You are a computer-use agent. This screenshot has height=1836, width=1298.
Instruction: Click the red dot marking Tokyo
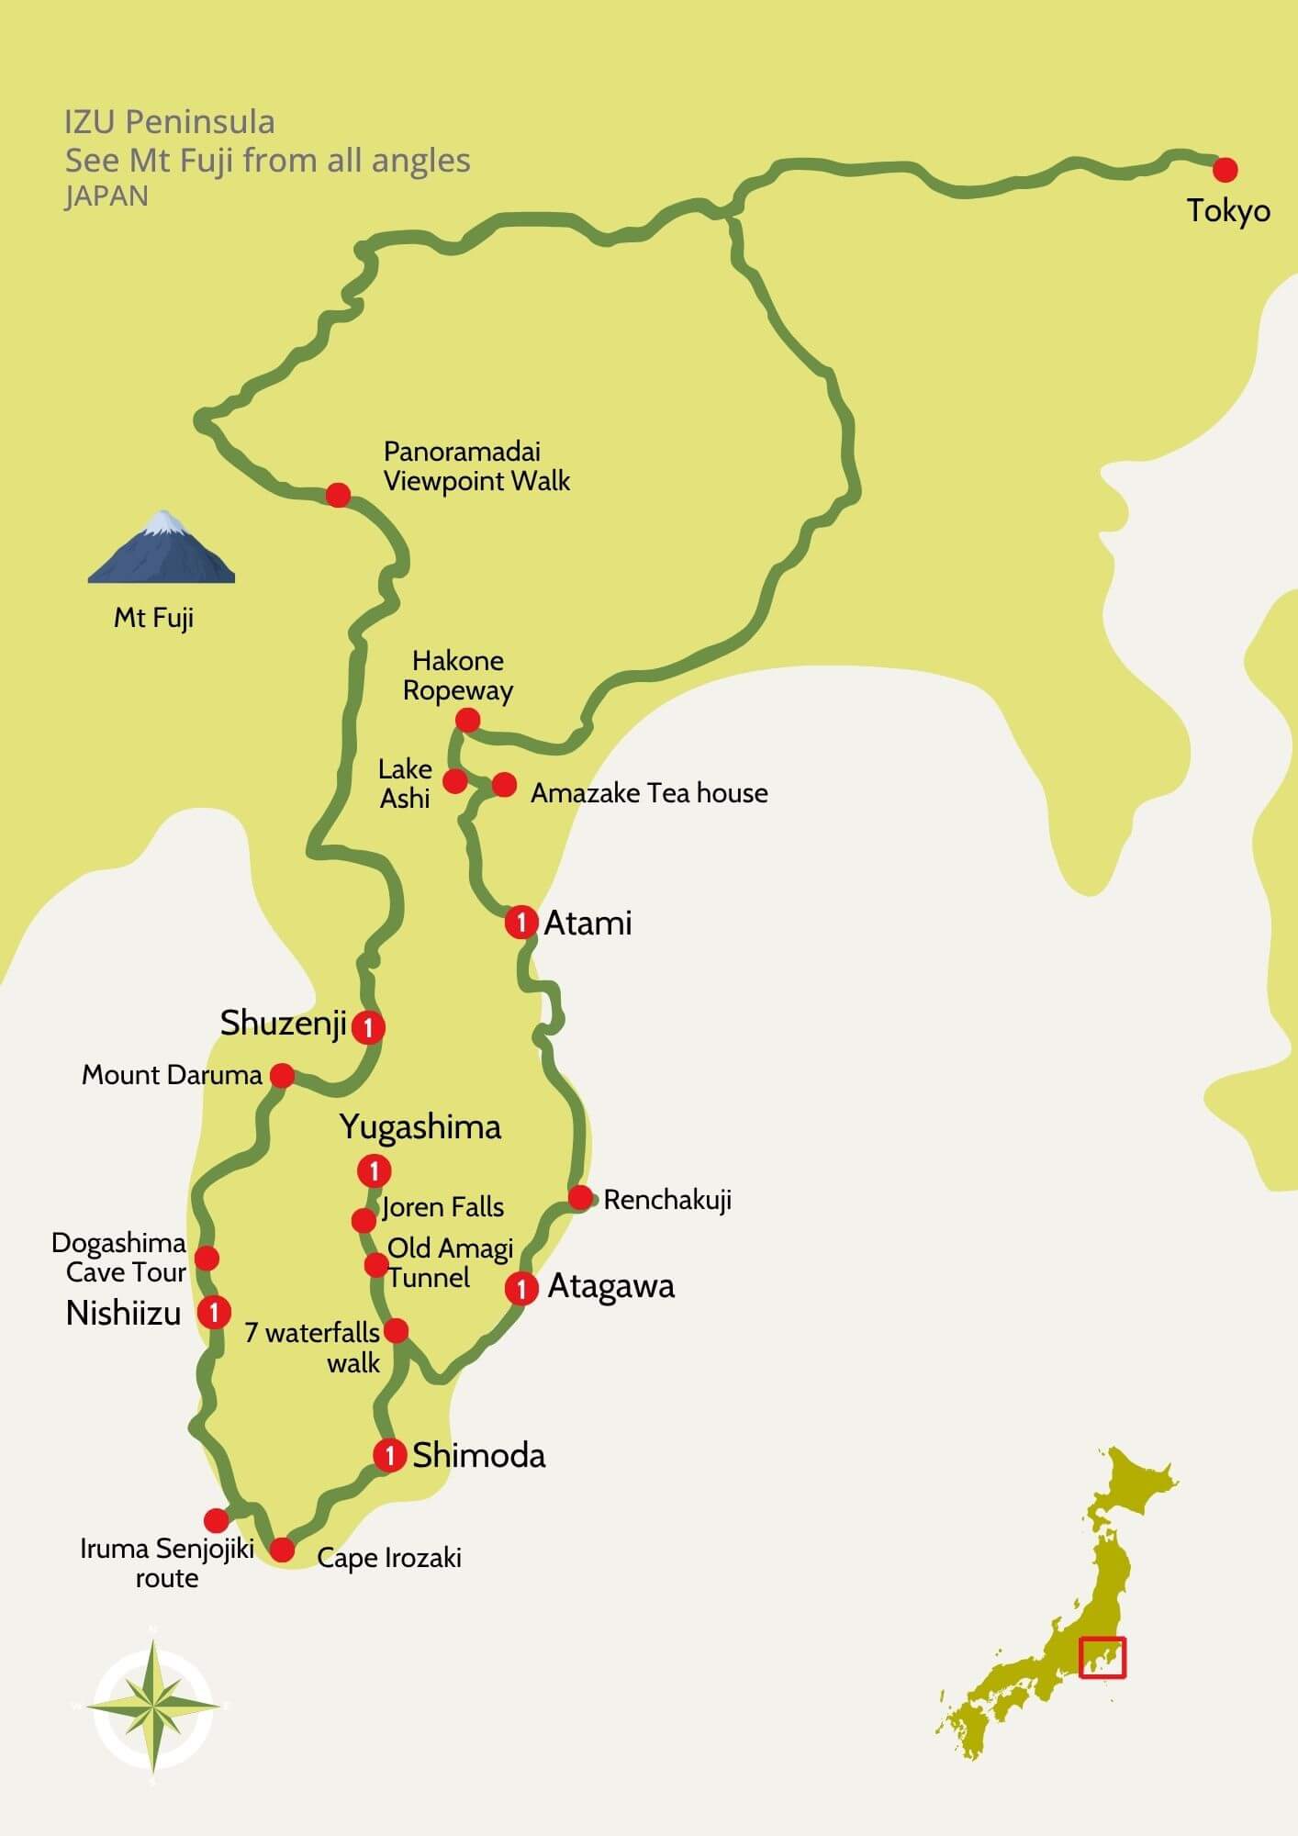tap(1225, 170)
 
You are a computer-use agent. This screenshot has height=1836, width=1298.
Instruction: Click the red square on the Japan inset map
tap(1102, 1658)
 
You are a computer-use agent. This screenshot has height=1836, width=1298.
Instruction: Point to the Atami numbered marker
tap(521, 922)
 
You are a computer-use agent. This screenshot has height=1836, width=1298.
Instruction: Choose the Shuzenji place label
tap(283, 1024)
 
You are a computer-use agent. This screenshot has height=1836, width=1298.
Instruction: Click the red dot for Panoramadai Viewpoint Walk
tap(339, 495)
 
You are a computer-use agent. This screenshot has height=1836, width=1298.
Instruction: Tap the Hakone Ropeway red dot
tap(467, 720)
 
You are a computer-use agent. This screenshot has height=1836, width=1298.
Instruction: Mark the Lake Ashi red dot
tap(455, 781)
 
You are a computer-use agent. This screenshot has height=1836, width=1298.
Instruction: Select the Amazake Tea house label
tap(649, 793)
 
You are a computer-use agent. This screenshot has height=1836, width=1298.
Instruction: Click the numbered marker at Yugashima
tap(374, 1171)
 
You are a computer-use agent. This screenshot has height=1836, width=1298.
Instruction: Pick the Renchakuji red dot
tap(580, 1197)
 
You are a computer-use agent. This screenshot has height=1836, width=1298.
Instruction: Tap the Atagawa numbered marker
tap(521, 1289)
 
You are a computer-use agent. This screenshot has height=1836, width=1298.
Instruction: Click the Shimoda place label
tap(478, 1455)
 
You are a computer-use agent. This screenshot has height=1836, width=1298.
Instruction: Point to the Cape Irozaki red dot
tap(282, 1550)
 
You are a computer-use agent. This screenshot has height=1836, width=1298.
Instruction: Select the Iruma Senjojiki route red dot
tap(216, 1520)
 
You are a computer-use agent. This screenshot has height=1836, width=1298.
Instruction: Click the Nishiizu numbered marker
tap(214, 1311)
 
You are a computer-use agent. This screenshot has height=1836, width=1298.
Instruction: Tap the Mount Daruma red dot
tap(282, 1075)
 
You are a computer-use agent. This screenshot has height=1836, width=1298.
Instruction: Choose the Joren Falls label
tap(443, 1207)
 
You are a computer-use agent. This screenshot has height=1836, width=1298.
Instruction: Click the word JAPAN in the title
tap(106, 196)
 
